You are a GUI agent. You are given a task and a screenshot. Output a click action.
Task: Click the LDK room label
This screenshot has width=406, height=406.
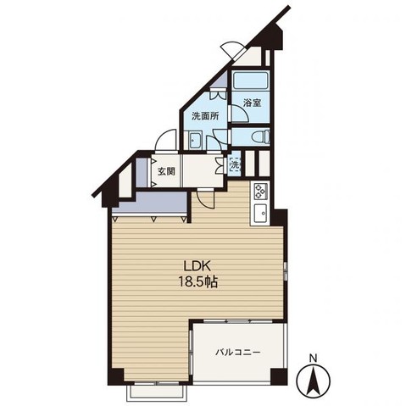click(197, 266)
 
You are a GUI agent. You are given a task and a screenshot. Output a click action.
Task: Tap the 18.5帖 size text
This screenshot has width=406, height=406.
click(197, 282)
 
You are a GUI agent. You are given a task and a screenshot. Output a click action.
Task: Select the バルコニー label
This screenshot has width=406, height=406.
click(237, 353)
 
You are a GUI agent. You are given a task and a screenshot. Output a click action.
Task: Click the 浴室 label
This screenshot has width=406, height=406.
click(253, 103)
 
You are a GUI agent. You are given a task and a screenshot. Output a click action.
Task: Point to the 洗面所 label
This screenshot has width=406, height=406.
click(205, 116)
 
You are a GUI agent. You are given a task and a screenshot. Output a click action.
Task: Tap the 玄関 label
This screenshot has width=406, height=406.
click(166, 171)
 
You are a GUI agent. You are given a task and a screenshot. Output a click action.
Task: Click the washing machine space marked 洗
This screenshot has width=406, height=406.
click(235, 164)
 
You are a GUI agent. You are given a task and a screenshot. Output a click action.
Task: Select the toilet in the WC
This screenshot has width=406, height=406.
click(261, 137)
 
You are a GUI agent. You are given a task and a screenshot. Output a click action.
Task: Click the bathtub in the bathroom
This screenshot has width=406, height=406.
click(251, 81)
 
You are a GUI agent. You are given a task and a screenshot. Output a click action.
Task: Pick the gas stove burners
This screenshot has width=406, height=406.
click(260, 191)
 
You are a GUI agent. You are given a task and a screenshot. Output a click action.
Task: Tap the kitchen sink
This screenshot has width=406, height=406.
click(260, 214)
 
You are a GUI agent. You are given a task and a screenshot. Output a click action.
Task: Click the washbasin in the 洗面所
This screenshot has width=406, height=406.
click(195, 140)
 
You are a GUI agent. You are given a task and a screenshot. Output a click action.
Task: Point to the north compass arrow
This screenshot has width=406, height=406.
click(313, 380)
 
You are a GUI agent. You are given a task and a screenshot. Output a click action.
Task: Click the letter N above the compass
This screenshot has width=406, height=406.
click(313, 359)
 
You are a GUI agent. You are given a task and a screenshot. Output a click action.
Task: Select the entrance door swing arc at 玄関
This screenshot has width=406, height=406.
click(165, 140)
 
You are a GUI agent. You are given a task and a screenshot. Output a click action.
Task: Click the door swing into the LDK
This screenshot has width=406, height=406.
click(205, 200)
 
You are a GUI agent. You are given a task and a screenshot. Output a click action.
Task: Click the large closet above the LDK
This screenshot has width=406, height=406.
click(153, 203)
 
